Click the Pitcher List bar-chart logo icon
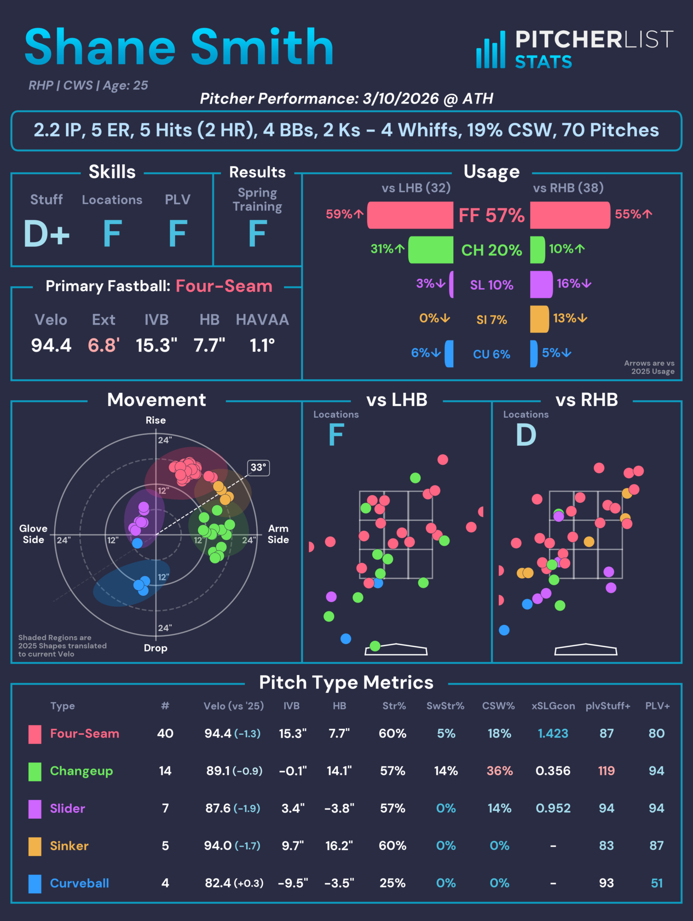[x=491, y=50]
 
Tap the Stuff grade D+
[x=47, y=234]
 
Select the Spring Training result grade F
[x=257, y=234]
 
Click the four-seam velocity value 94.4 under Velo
[x=51, y=345]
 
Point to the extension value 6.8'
[x=103, y=345]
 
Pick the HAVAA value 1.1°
[x=262, y=345]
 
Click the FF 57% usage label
[x=491, y=216]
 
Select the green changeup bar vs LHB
[x=431, y=250]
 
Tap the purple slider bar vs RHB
[x=541, y=284]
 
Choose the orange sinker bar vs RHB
[x=539, y=319]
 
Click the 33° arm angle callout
[x=258, y=468]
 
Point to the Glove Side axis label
[x=33, y=534]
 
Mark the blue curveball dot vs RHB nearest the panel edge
[x=504, y=630]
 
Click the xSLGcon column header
[x=553, y=706]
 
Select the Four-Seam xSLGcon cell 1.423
[x=553, y=733]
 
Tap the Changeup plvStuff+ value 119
[x=606, y=771]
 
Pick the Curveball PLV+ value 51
[x=656, y=883]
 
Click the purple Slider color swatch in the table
[x=35, y=808]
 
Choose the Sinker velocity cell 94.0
[x=218, y=846]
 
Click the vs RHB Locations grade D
[x=526, y=435]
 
